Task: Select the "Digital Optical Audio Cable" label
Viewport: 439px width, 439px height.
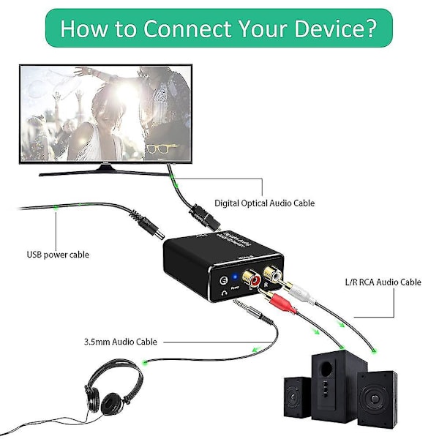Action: pyautogui.click(x=264, y=203)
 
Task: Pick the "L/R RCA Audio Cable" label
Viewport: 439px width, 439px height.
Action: pyautogui.click(x=383, y=282)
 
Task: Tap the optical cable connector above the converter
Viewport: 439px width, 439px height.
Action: pyautogui.click(x=200, y=217)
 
